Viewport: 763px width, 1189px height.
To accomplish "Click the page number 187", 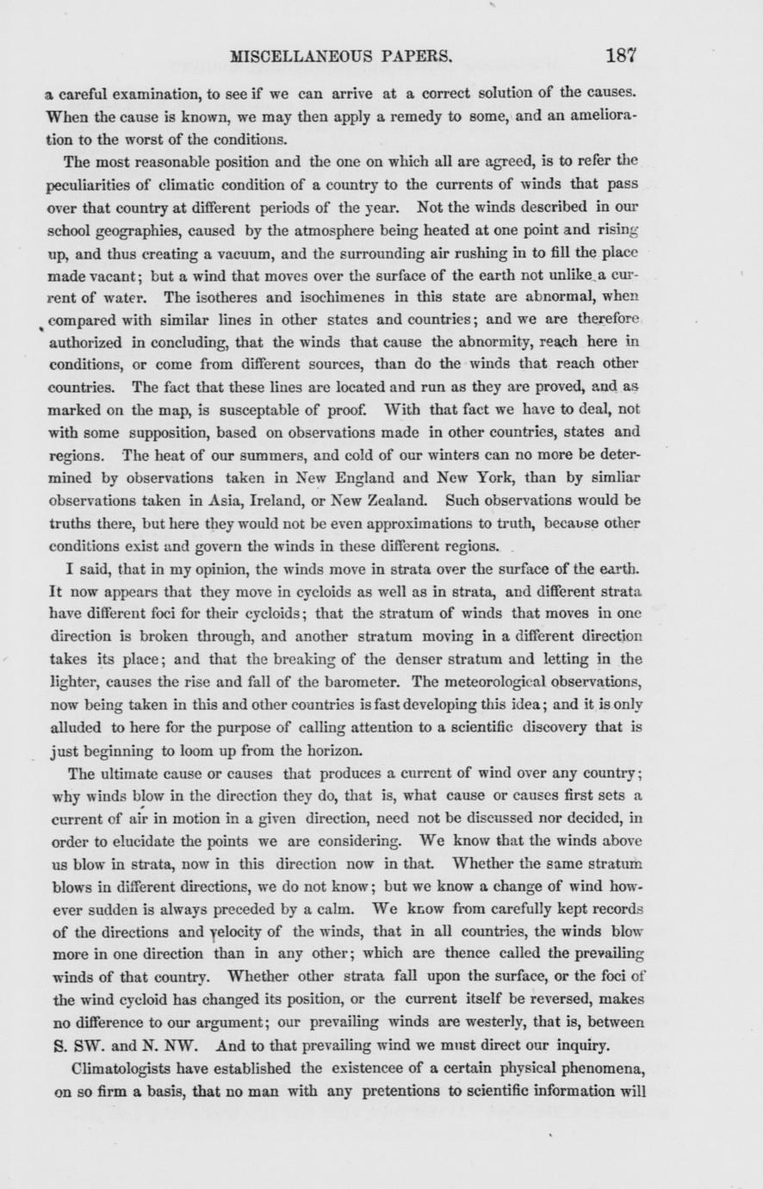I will [x=621, y=57].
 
